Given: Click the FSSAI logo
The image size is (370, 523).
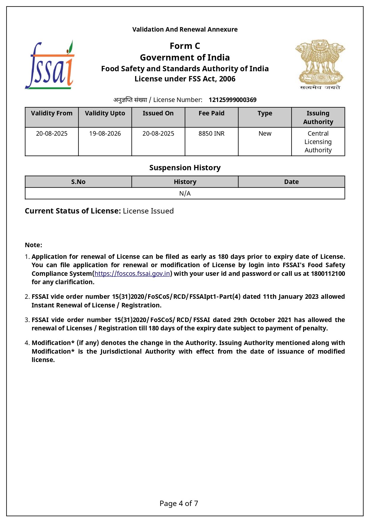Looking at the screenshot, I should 49,65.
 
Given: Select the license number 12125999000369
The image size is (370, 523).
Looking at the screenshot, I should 232,100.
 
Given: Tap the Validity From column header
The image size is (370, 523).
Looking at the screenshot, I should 52,113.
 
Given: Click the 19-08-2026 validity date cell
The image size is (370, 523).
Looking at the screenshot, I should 105,134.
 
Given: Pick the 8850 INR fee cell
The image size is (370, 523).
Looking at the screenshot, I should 211,134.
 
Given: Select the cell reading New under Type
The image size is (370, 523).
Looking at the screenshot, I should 265,134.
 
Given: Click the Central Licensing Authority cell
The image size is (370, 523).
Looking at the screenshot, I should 318,142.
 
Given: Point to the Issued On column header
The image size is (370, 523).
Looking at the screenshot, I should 158,113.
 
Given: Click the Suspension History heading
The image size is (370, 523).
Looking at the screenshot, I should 185,168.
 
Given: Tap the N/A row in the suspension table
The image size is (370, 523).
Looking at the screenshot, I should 185,194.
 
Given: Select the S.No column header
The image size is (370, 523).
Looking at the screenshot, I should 78,182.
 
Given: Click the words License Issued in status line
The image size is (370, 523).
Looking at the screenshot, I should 148,211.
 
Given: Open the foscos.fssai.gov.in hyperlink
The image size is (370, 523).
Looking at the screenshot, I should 132,274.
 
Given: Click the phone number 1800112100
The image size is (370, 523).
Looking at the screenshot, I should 328,274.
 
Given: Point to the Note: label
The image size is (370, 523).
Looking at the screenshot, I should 33,245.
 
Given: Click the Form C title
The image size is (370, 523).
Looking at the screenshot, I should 185,46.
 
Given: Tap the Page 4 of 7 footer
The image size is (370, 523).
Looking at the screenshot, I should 179,504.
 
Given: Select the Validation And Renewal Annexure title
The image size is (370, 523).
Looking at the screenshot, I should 185,30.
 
